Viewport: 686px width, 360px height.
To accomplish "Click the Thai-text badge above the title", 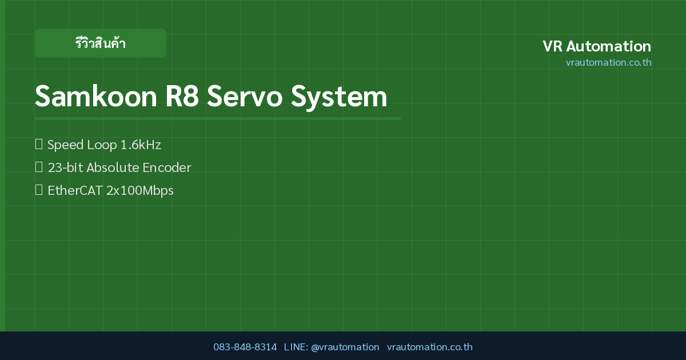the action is pyautogui.click(x=100, y=43).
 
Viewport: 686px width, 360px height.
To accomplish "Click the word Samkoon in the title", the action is pyautogui.click(x=96, y=97).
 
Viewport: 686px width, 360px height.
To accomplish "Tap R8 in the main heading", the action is pyautogui.click(x=182, y=97).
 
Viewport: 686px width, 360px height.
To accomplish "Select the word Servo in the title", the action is pyautogui.click(x=245, y=97).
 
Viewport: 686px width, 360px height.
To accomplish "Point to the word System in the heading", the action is pyautogui.click(x=339, y=97).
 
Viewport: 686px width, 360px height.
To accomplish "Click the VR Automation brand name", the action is pyautogui.click(x=597, y=46).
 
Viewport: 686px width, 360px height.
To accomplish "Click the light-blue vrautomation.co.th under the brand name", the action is pyautogui.click(x=608, y=62).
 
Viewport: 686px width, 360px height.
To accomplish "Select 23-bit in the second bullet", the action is pyautogui.click(x=65, y=168).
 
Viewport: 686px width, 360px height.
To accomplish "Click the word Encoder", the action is pyautogui.click(x=166, y=168).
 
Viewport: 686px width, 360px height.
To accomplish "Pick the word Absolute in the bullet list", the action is pyautogui.click(x=113, y=168).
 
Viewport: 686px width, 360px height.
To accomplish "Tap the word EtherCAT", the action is pyautogui.click(x=75, y=190).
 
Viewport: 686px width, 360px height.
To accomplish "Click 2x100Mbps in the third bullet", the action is pyautogui.click(x=140, y=191).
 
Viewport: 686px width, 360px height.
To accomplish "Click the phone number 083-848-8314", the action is pyautogui.click(x=245, y=347).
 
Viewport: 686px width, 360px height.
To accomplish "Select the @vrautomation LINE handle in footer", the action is pyautogui.click(x=345, y=347).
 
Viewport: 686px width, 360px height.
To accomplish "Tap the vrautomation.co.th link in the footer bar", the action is pyautogui.click(x=430, y=347).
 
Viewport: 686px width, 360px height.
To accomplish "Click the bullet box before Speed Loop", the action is pyautogui.click(x=39, y=144).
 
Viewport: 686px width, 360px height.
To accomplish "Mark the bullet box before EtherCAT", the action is pyautogui.click(x=39, y=190).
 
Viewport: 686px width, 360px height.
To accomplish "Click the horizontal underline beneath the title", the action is pyautogui.click(x=217, y=118).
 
